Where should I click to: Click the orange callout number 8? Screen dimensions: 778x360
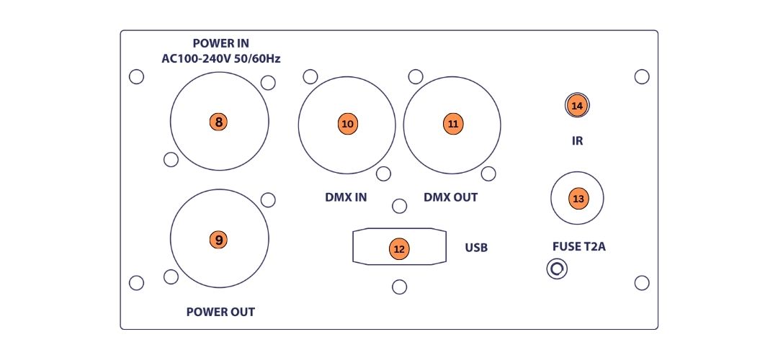(219, 122)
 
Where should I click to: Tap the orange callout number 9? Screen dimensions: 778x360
(219, 240)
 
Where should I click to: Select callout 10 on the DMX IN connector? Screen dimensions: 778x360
(347, 124)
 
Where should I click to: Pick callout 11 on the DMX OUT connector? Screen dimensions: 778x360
(452, 124)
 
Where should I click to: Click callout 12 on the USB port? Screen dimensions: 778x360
(399, 249)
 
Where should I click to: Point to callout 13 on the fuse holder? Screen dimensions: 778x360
(578, 199)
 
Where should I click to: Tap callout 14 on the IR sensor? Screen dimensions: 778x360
(576, 105)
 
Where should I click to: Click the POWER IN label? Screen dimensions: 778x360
(221, 44)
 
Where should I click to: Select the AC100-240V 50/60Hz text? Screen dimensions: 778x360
(221, 59)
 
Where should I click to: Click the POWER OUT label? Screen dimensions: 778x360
(220, 312)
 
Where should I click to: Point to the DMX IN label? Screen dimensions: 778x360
(346, 197)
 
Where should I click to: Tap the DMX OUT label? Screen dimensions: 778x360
(450, 197)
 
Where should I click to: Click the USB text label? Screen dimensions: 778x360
(476, 247)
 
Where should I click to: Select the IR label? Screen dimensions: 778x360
(577, 141)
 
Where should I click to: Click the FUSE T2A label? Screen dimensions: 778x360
(579, 246)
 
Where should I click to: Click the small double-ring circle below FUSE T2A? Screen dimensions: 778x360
(557, 269)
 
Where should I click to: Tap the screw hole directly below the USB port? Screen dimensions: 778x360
(399, 287)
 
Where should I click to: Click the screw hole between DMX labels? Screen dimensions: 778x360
(399, 206)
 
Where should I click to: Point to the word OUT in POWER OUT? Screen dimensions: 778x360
(242, 312)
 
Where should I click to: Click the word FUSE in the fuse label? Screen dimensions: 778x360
(565, 246)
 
